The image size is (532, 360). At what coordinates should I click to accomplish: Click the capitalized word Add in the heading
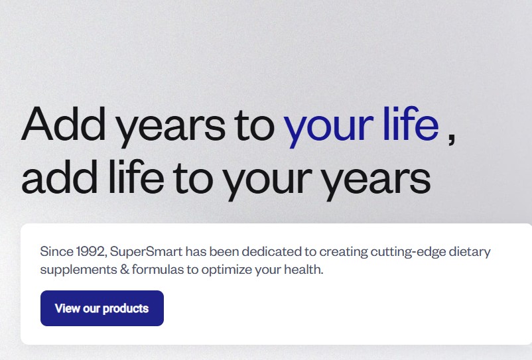(x=64, y=123)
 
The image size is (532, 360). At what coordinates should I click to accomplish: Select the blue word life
(x=411, y=123)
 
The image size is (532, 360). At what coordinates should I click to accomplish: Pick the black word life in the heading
(x=137, y=176)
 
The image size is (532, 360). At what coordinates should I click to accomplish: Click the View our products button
(x=102, y=308)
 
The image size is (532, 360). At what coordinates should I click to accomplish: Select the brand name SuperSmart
(x=146, y=252)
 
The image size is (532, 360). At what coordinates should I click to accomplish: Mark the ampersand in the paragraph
(x=125, y=270)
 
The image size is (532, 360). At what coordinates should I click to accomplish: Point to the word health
(x=304, y=269)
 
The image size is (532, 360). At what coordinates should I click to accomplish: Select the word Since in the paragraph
(x=56, y=251)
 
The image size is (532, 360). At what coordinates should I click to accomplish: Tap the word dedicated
(x=271, y=251)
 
